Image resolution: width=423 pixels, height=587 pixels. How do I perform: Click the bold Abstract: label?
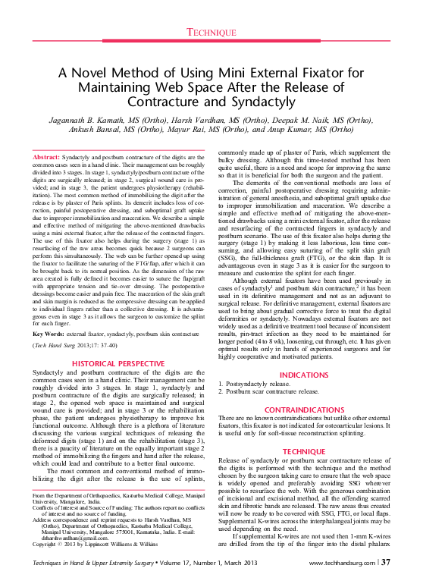click(46, 155)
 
